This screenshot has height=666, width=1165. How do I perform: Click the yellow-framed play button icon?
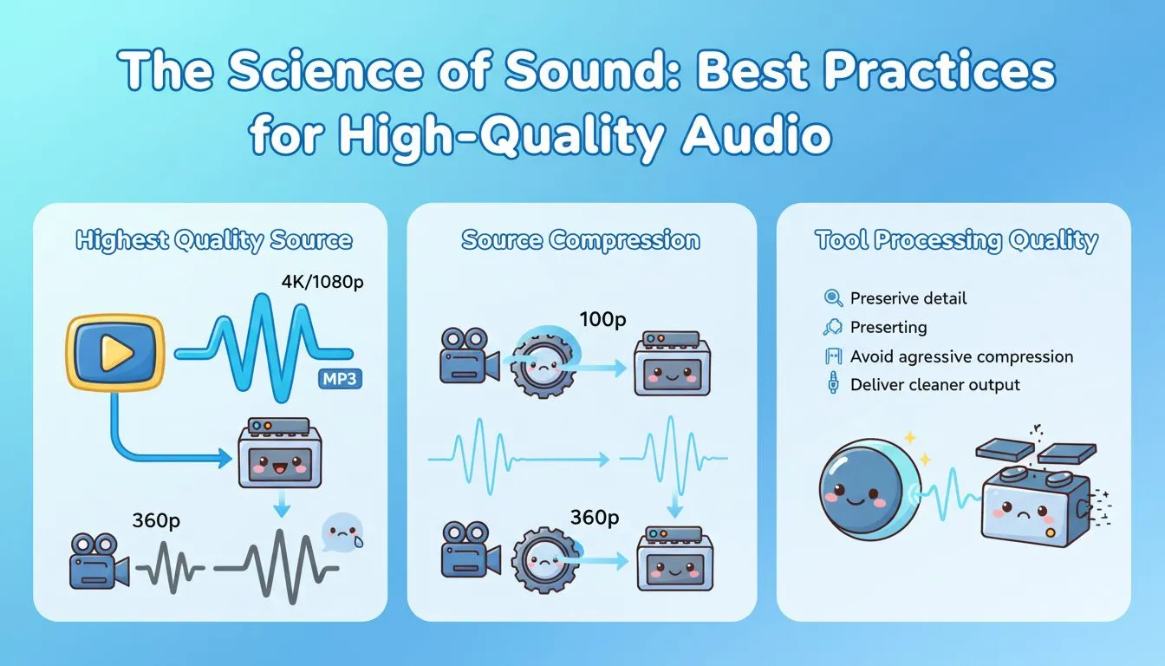[x=115, y=352]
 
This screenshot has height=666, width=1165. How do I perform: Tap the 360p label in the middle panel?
[x=596, y=518]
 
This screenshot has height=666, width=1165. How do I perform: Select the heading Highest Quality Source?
[x=213, y=240]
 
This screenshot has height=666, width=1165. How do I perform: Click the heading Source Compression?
[x=581, y=240]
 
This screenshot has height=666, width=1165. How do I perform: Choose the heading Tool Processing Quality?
[x=956, y=240]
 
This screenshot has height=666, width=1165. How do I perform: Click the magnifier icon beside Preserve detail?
[x=833, y=298]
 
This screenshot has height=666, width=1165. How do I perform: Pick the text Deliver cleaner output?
[x=935, y=385]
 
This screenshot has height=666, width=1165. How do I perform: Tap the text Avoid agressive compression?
[x=961, y=356]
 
